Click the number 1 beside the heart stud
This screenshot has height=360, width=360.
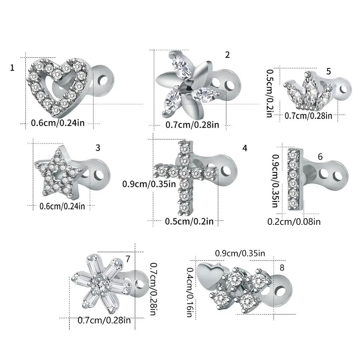pyautogui.click(x=12, y=68)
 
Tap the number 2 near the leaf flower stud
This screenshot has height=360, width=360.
pyautogui.click(x=227, y=55)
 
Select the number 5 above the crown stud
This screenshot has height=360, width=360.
pyautogui.click(x=329, y=71)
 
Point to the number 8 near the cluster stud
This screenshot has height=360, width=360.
pyautogui.click(x=282, y=268)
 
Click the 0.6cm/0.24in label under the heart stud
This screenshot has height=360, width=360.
pyautogui.click(x=58, y=123)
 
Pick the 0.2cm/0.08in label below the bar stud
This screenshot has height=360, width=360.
pyautogui.click(x=294, y=221)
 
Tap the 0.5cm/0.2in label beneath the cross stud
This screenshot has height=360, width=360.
pyautogui.click(x=189, y=221)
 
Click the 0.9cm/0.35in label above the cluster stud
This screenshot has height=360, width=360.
pyautogui.click(x=240, y=253)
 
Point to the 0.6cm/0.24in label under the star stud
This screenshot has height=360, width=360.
pyautogui.click(x=62, y=206)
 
